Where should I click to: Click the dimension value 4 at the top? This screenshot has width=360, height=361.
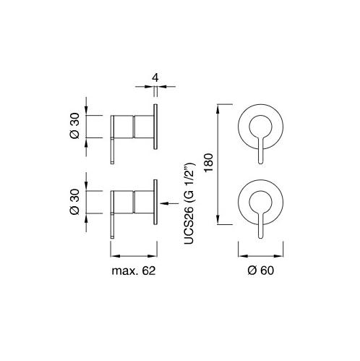155,78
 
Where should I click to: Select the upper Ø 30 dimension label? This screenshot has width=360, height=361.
74,126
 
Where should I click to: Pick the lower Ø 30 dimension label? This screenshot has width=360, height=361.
74,202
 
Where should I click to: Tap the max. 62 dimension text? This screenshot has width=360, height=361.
134,271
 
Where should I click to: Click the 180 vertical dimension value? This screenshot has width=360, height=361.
209,162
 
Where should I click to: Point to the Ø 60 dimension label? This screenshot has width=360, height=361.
261,271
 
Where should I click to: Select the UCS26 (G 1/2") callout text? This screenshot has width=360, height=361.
189,203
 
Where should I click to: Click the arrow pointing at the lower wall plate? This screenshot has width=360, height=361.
169,203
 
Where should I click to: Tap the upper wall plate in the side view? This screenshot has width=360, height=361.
155,127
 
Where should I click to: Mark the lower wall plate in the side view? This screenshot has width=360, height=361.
155,202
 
